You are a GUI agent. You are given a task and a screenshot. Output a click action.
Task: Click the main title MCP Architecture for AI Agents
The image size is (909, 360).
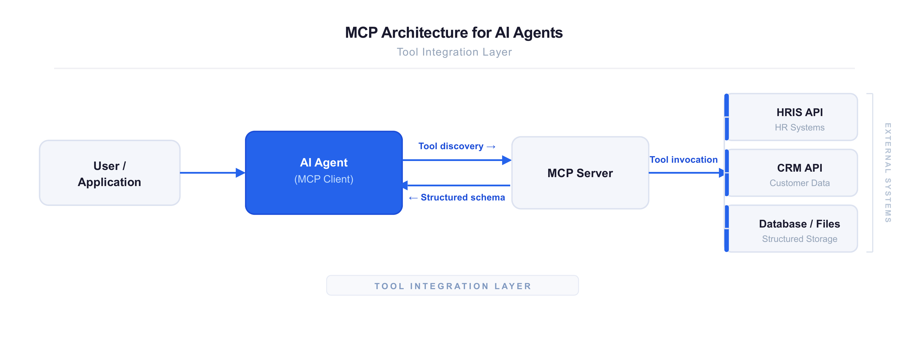(x=454, y=33)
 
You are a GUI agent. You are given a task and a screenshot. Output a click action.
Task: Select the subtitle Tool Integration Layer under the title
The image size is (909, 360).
(x=454, y=52)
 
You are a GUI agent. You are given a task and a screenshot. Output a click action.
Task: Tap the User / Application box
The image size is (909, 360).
(x=109, y=173)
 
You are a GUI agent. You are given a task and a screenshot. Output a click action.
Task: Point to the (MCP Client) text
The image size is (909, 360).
(x=324, y=179)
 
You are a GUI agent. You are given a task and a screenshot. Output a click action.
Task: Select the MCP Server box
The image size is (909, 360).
(x=580, y=173)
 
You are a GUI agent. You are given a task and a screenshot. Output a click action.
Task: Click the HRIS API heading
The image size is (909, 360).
(x=799, y=112)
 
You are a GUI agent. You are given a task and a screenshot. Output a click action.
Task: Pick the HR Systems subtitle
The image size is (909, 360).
(x=799, y=127)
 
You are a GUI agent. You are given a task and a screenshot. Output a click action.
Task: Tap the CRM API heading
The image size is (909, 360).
(x=799, y=168)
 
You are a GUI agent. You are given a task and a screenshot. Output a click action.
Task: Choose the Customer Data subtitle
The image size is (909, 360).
(x=799, y=183)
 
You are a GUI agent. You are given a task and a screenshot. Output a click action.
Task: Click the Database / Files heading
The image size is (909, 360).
(x=799, y=224)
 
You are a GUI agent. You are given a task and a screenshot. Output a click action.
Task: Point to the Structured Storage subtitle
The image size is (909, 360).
(x=799, y=239)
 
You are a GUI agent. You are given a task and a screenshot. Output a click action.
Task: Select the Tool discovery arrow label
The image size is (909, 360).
(x=457, y=146)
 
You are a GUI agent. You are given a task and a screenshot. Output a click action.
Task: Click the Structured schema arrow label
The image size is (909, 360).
(x=457, y=197)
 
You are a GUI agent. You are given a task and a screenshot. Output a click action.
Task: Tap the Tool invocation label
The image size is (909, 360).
(x=684, y=160)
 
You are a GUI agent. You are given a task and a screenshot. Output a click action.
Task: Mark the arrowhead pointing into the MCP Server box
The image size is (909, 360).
(x=507, y=160)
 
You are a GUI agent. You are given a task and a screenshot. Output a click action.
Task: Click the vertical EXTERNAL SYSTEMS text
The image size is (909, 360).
(x=888, y=173)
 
